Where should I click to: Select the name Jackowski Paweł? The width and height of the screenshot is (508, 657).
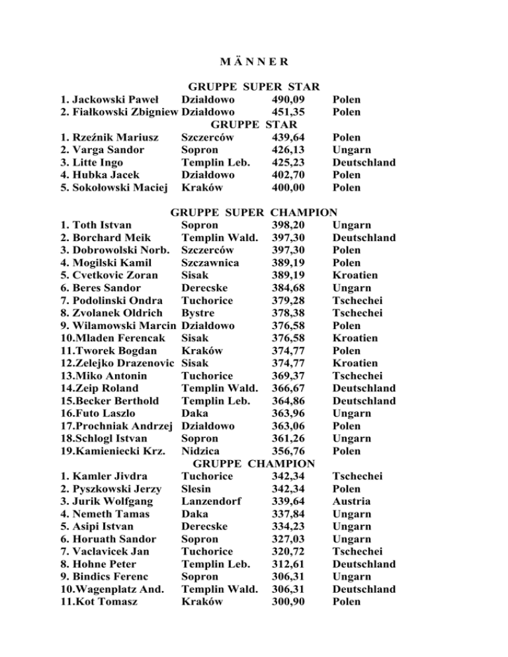pyautogui.click(x=111, y=100)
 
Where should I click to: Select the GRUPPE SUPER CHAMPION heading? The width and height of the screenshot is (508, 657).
pyautogui.click(x=254, y=213)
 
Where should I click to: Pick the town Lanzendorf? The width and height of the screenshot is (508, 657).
pyautogui.click(x=211, y=501)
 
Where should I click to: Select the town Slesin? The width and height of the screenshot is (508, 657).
pyautogui.click(x=196, y=488)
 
